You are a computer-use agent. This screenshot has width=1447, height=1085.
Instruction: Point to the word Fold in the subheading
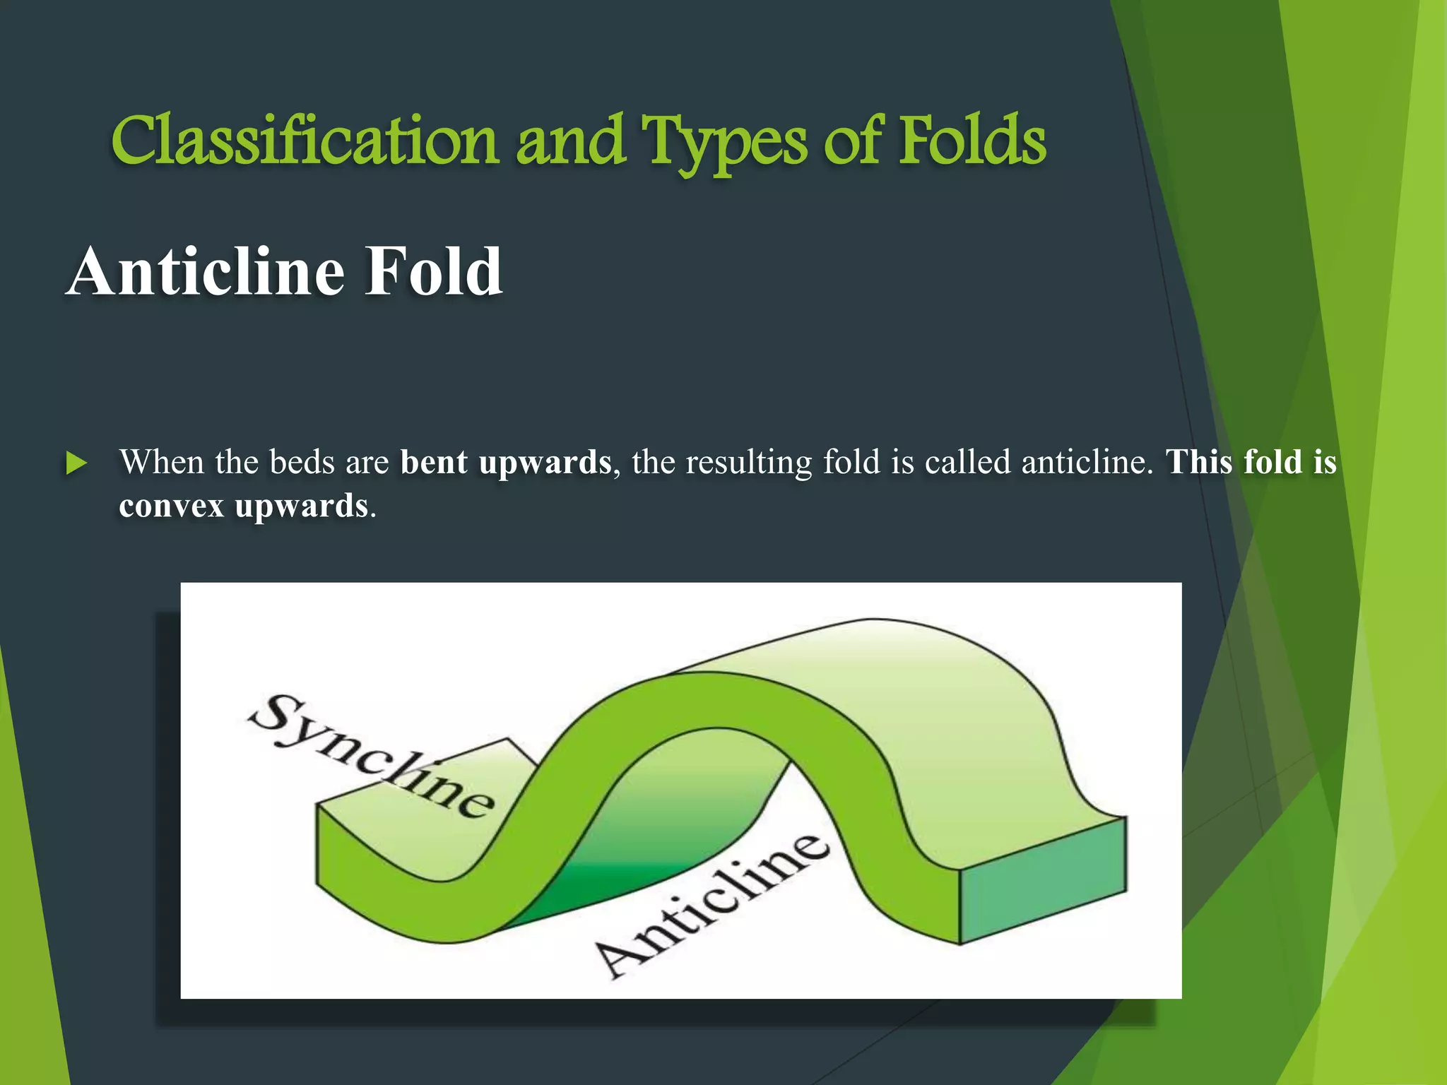(x=432, y=272)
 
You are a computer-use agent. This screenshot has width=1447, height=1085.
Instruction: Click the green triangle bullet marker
(x=76, y=464)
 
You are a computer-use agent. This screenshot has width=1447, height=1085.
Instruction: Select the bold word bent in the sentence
(x=433, y=463)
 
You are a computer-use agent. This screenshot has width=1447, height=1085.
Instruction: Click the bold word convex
(x=171, y=506)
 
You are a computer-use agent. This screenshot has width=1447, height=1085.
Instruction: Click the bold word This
(x=1199, y=463)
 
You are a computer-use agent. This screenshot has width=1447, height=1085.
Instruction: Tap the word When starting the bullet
(x=162, y=463)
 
